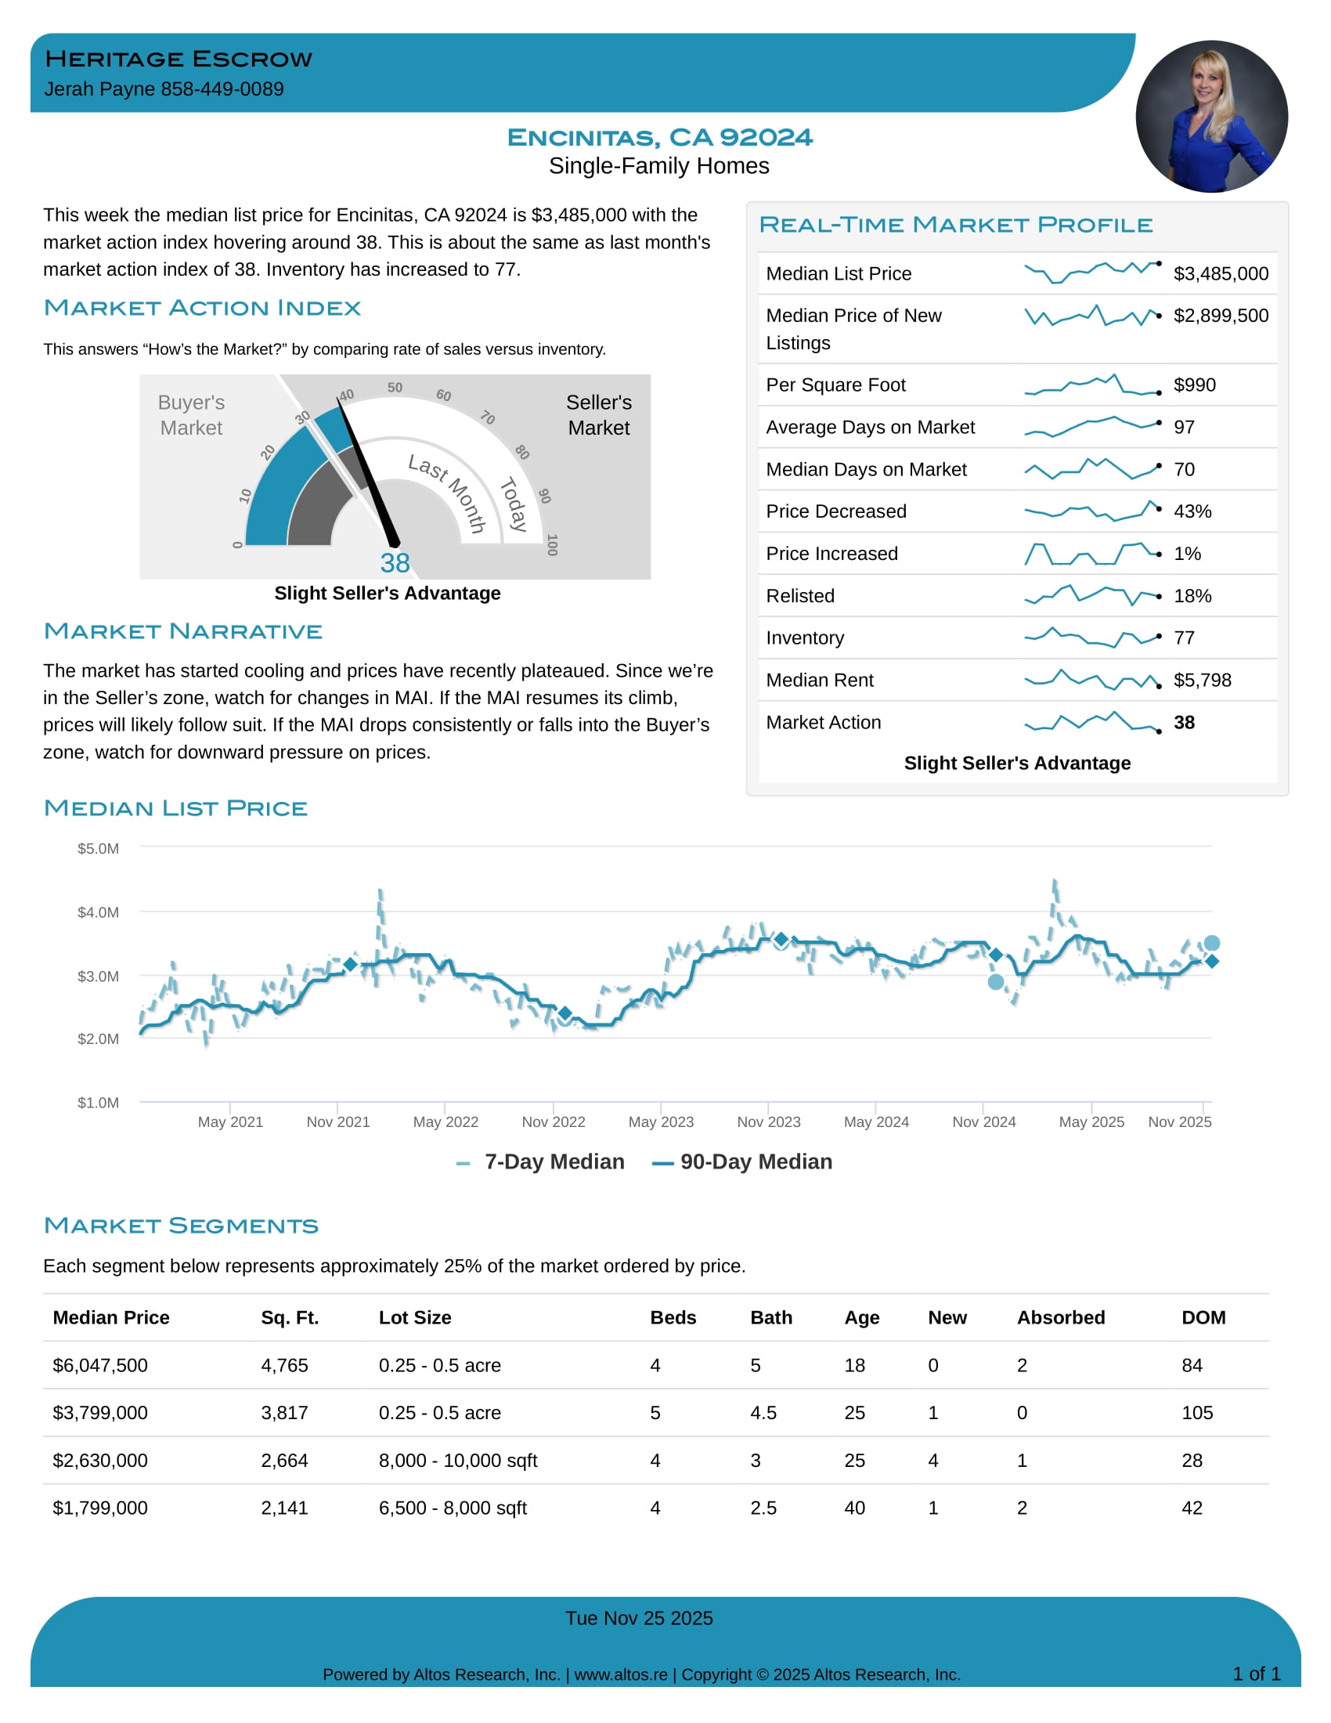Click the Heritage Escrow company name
(179, 60)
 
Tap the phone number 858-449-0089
(222, 89)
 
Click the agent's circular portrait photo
(1211, 117)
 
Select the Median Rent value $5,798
(1202, 680)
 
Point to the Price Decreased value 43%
(1192, 511)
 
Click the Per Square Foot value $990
(1195, 385)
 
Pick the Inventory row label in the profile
(804, 638)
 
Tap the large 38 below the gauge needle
(395, 563)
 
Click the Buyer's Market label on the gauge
(191, 415)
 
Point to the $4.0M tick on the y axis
(98, 912)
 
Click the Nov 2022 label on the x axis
(553, 1122)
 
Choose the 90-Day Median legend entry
(755, 1162)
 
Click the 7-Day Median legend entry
(554, 1162)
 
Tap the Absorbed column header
(1061, 1317)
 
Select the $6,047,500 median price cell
(100, 1366)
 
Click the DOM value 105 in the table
(1197, 1413)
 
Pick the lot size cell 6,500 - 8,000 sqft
(453, 1508)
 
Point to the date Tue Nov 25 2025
(639, 1619)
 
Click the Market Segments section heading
(182, 1226)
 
